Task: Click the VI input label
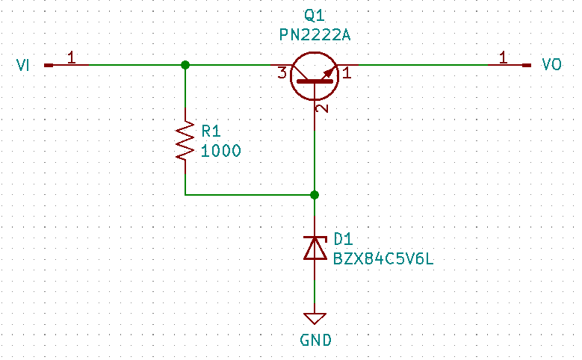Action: (22, 66)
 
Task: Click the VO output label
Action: (551, 66)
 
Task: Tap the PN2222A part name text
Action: (315, 34)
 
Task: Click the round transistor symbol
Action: (314, 75)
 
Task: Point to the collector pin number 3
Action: (282, 73)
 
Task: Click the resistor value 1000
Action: (220, 151)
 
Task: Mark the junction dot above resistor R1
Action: (185, 66)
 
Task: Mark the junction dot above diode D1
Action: (315, 195)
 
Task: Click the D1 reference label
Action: (342, 239)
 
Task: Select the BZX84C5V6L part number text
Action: (383, 258)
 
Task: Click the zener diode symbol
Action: (315, 247)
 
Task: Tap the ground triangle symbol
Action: (315, 318)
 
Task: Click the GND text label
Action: (315, 341)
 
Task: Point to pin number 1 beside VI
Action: (71, 57)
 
